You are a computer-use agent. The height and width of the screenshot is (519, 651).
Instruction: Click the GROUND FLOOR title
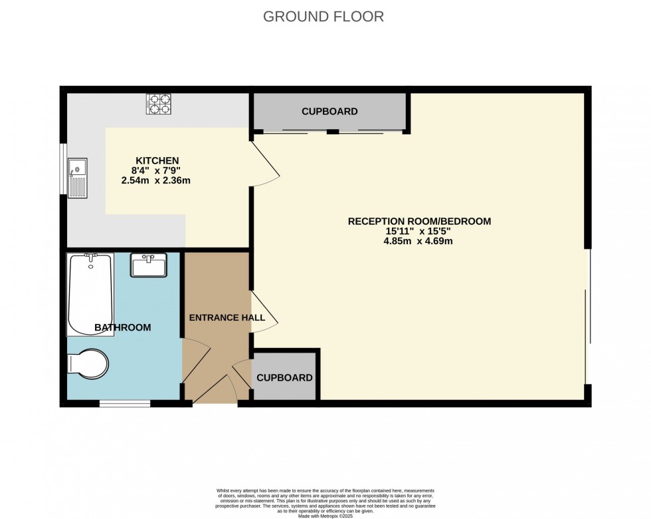point(324,17)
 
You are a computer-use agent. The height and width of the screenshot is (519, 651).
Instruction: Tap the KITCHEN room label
point(157,160)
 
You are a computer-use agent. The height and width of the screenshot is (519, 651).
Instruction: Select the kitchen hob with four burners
point(159,104)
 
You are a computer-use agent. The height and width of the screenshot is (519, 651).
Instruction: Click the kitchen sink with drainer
point(77,177)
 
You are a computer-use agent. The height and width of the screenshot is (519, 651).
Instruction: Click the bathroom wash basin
point(149,265)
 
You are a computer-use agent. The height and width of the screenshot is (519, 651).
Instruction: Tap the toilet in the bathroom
point(88,363)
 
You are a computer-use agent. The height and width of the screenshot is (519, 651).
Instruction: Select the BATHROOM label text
point(122,327)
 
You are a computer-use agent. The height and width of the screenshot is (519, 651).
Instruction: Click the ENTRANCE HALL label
point(227,317)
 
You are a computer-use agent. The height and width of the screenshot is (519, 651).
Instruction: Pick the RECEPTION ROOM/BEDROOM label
point(419,221)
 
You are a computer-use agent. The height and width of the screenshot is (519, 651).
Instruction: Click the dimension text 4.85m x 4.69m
point(418,241)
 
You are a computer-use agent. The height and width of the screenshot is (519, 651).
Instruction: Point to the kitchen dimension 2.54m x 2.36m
point(156,180)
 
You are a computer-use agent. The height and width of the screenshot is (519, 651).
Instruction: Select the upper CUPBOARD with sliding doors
point(329,112)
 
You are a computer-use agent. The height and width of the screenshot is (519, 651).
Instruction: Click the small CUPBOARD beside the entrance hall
point(284,377)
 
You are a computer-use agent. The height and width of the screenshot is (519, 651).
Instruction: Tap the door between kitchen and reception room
point(266,164)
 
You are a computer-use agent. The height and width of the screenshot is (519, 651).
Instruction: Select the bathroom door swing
point(196,359)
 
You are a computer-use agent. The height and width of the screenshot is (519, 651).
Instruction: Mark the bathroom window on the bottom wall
point(125,403)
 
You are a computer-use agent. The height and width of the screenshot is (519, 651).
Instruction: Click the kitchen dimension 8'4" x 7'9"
point(157,170)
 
